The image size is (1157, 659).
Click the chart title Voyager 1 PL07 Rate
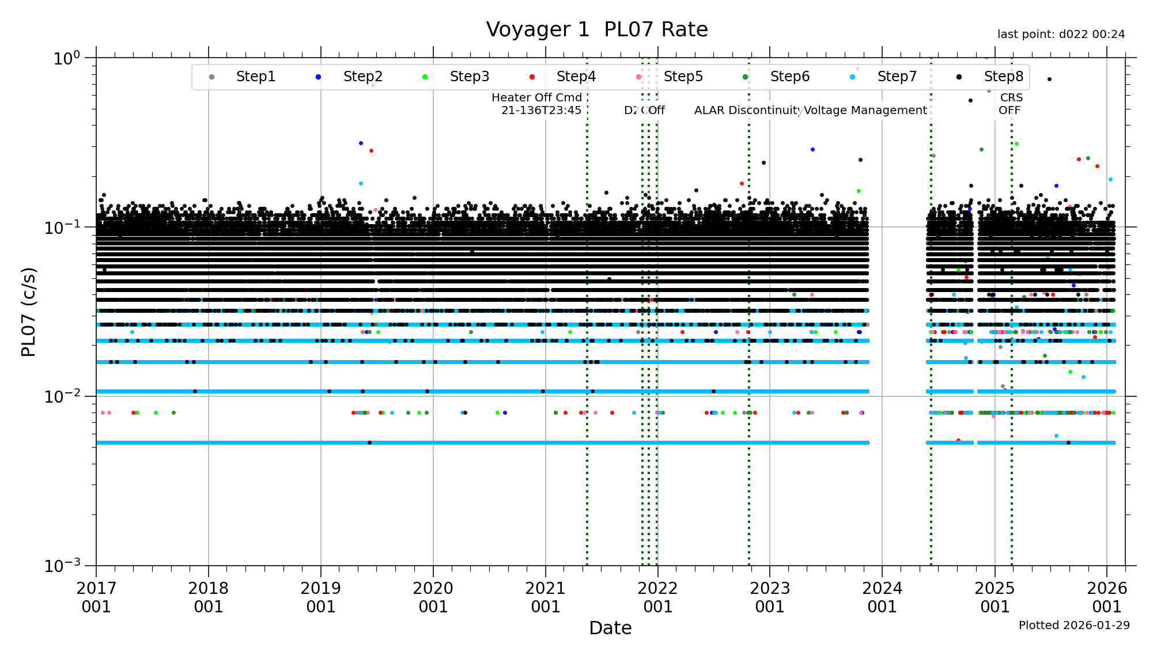(596, 29)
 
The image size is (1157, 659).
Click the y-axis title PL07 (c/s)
(28, 312)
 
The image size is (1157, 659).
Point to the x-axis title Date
(610, 628)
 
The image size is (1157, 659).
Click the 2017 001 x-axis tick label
(96, 597)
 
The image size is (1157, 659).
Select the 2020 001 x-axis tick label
(433, 597)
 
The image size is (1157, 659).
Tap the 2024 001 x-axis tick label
(882, 597)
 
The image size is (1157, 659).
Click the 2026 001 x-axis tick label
(1107, 597)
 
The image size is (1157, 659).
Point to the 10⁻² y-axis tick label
(63, 396)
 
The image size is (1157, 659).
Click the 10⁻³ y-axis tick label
(63, 565)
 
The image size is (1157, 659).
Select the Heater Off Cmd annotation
(536, 104)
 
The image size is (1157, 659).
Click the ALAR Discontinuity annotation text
(748, 110)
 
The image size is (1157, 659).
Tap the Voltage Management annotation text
(865, 110)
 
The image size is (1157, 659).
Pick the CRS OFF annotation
(1011, 104)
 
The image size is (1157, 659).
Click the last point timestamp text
(1061, 35)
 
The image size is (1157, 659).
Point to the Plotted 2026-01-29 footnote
(1074, 625)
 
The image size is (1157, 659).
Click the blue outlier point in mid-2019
(361, 143)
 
